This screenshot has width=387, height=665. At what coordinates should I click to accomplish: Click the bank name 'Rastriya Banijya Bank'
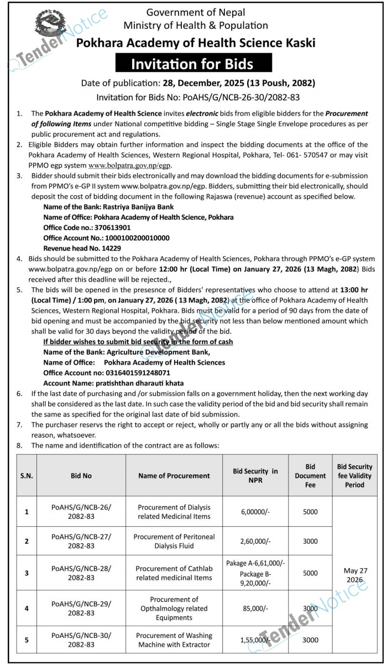pos(133,207)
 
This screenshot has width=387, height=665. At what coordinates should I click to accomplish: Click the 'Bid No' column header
pos(81,475)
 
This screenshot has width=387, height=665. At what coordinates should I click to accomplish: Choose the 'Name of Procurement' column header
pos(174,475)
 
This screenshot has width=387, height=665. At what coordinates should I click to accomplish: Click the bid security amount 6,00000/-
pos(255,512)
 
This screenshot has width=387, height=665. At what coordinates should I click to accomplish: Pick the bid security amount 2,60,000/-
pos(255,541)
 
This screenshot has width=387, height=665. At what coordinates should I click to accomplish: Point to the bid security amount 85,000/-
pos(255,608)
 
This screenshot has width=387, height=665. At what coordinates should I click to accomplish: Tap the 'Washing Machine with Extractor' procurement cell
pos(174,640)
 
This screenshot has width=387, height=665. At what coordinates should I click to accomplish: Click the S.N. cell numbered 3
pos(27,573)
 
